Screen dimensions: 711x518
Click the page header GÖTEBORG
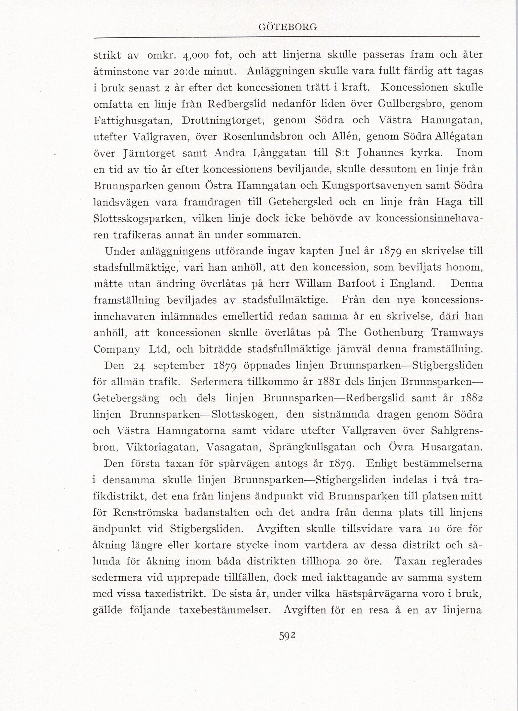[287, 27]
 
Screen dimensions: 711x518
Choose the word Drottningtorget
[224, 120]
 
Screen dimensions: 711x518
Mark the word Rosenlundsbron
[263, 137]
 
